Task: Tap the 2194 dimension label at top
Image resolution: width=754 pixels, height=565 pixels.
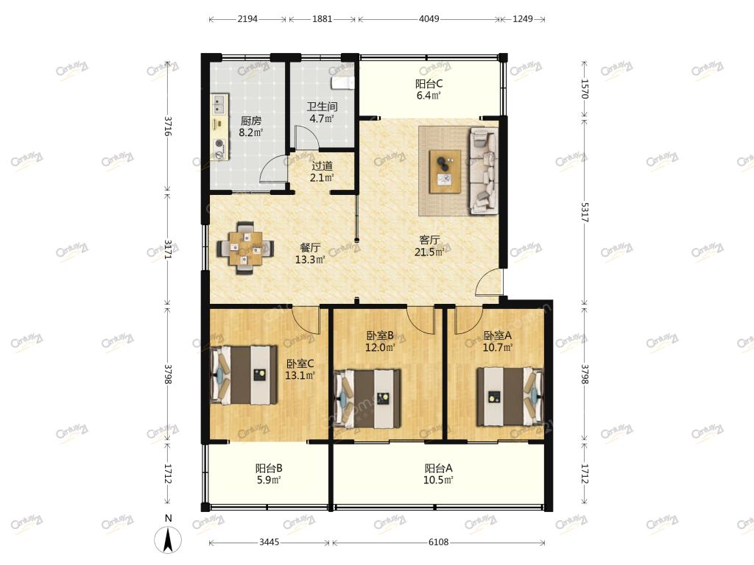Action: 247,18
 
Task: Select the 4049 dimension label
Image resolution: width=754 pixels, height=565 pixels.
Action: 429,18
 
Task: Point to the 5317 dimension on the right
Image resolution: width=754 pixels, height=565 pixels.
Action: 584,211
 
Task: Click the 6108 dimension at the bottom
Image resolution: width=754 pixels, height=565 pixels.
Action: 439,542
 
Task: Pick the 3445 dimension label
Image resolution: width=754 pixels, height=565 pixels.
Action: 269,542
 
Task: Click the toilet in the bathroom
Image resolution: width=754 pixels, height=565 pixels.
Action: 343,82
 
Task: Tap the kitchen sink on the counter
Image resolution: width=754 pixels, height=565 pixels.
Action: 219,104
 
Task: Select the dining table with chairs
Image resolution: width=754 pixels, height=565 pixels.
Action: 246,248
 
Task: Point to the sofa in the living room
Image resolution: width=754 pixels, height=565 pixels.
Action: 483,170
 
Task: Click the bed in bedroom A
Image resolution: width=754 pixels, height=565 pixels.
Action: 510,397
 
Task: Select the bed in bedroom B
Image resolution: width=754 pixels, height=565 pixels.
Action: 368,398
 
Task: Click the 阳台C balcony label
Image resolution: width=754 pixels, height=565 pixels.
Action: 429,84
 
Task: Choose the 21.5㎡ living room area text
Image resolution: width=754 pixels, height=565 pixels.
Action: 429,252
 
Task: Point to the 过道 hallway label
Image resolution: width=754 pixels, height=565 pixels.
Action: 323,166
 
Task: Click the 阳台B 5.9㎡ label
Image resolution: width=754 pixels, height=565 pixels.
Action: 269,474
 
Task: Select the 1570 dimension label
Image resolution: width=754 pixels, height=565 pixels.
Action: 584,89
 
